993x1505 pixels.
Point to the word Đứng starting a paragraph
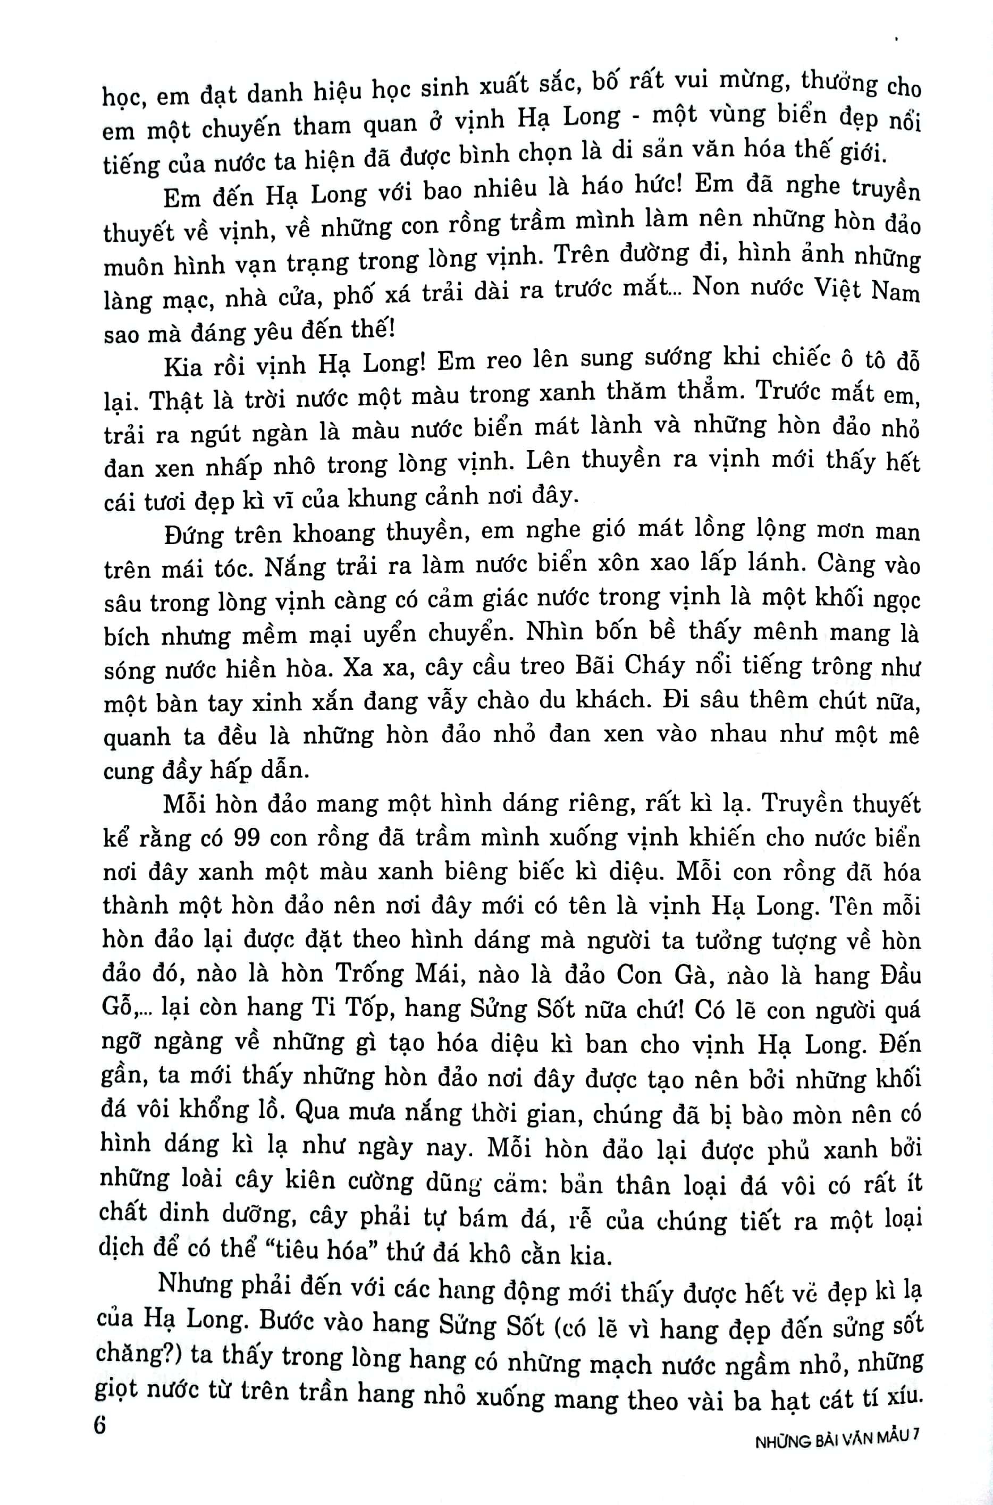[x=192, y=535]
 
